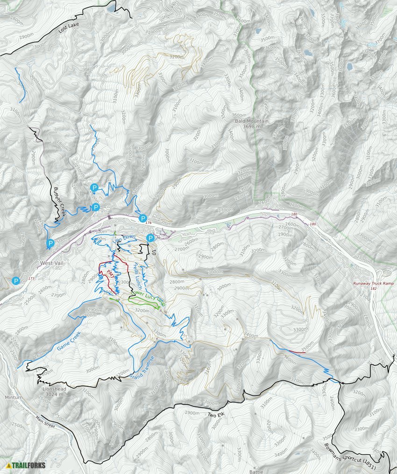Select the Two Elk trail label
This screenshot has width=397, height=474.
[217, 415]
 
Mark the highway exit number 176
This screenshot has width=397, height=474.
[149, 223]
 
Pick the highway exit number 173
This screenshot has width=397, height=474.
[31, 279]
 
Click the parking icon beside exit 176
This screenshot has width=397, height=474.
[143, 218]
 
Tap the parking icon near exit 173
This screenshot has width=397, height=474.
[16, 281]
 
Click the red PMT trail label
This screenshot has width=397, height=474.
[111, 273]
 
